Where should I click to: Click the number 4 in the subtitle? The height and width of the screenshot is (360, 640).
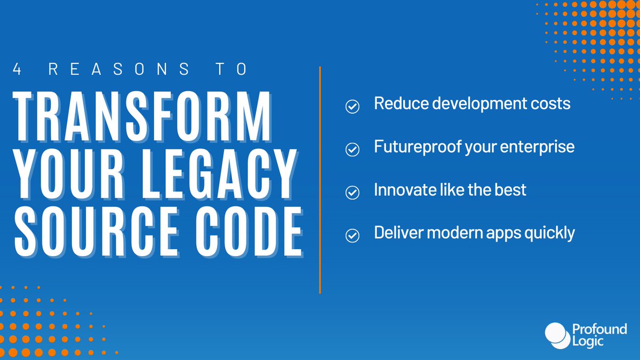17,70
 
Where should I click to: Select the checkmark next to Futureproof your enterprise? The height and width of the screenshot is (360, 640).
352,150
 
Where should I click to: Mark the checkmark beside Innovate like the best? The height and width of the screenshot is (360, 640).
352,193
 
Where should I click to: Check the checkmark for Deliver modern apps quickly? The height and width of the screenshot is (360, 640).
352,235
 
